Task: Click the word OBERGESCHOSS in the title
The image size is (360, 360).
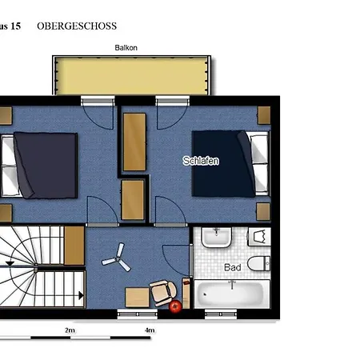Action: (77, 26)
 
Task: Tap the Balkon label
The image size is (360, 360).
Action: (126, 48)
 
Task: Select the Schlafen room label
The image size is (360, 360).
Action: (201, 161)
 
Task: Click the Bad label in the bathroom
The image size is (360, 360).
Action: (233, 267)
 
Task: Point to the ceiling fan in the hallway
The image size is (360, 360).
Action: (117, 258)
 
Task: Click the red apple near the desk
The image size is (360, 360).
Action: (175, 306)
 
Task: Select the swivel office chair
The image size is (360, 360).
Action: (162, 293)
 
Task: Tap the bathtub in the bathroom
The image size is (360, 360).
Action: (232, 294)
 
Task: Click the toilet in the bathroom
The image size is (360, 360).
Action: (258, 263)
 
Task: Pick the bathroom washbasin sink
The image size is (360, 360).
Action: (216, 237)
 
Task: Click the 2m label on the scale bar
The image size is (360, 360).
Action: (70, 330)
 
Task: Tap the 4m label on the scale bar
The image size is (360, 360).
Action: (150, 330)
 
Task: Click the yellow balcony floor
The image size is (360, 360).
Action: (132, 76)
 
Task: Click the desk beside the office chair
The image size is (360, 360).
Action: (138, 298)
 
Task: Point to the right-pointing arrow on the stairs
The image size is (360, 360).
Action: (81, 295)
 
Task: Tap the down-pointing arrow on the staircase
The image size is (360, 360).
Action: (10, 263)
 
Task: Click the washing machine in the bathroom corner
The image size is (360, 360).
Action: (259, 237)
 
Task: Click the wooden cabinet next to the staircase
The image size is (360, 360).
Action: (74, 246)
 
